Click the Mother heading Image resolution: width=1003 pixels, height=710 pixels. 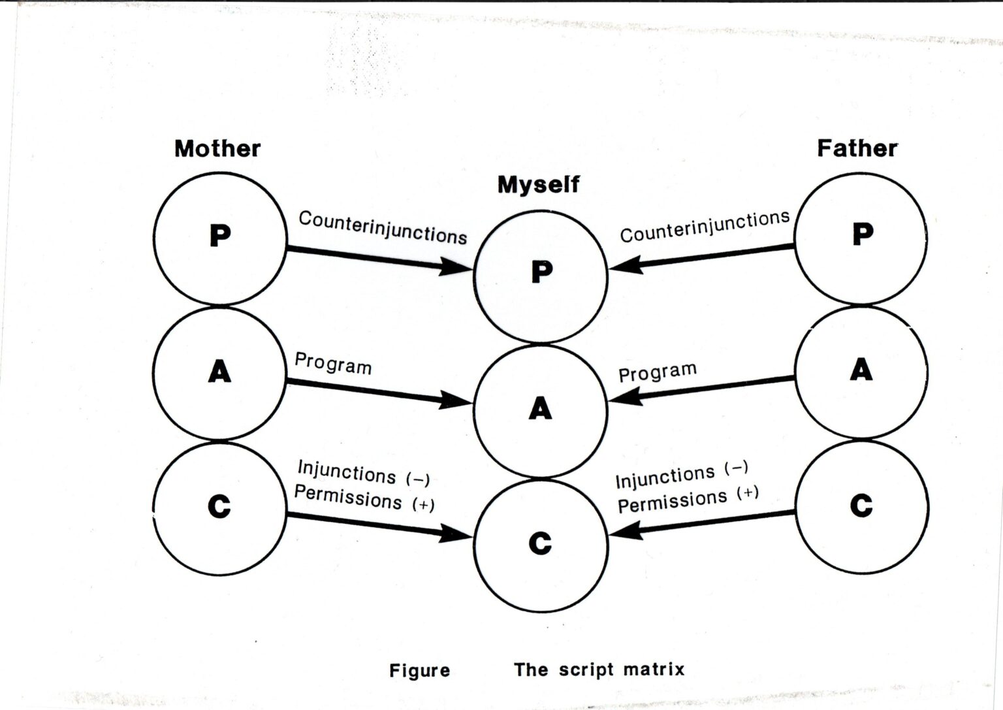(217, 149)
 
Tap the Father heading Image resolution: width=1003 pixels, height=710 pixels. (857, 148)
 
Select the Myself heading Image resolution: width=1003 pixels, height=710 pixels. (538, 184)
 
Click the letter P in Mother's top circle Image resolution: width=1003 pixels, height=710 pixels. (220, 235)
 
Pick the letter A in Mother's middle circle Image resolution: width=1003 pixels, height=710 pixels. (219, 372)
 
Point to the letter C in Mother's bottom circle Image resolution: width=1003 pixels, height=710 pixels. (219, 506)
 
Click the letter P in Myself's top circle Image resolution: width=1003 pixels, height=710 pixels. (541, 271)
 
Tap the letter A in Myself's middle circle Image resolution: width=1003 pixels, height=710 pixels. (540, 409)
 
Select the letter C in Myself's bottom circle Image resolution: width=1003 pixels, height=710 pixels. (540, 543)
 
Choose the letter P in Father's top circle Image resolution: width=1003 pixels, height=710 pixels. (863, 233)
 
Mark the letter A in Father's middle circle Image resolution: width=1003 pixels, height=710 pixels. (861, 370)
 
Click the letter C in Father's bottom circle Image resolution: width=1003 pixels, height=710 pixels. (861, 505)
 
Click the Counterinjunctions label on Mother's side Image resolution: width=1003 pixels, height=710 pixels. (383, 227)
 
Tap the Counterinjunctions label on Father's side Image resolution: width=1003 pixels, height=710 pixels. (705, 226)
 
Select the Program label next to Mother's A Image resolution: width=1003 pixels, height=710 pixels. (333, 364)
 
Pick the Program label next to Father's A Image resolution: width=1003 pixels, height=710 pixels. (658, 372)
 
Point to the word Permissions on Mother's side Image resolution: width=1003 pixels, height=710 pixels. (348, 498)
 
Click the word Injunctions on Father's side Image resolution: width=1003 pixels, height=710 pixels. (665, 477)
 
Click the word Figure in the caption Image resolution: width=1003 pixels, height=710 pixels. (419, 671)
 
